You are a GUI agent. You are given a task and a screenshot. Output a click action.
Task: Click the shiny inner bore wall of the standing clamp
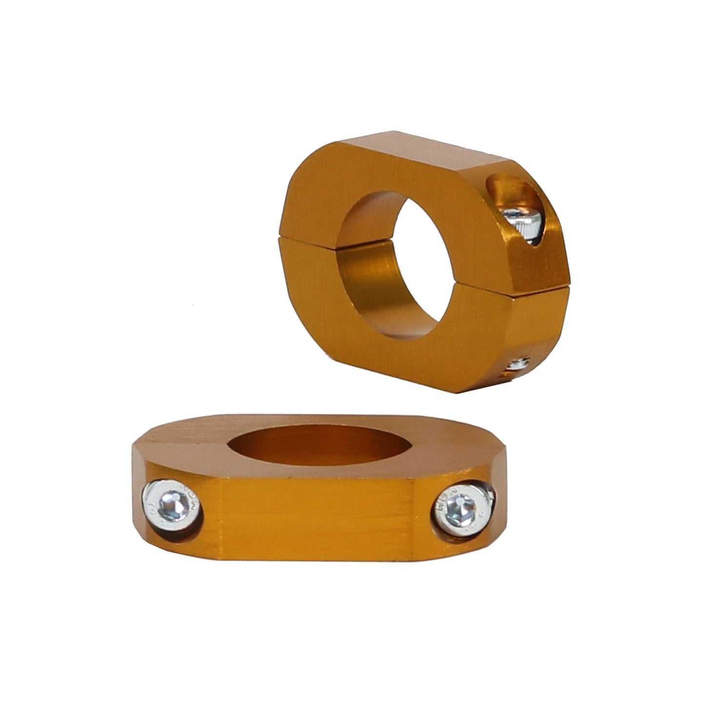(371, 273)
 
